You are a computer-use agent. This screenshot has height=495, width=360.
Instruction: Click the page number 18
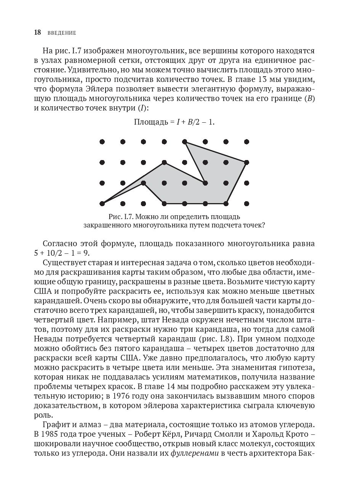click(x=37, y=33)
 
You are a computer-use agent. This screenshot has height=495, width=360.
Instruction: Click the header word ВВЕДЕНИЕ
click(x=62, y=33)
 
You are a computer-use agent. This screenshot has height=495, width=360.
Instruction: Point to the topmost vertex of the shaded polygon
click(x=185, y=142)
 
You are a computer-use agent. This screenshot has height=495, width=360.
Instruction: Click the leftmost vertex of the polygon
click(x=102, y=203)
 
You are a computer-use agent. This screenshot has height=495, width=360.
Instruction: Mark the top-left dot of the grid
click(x=102, y=142)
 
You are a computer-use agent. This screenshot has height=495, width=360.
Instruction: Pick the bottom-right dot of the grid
click(x=246, y=203)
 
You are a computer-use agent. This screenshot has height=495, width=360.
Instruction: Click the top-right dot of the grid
click(x=246, y=142)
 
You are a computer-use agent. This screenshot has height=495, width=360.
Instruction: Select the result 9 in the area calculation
click(x=89, y=253)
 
